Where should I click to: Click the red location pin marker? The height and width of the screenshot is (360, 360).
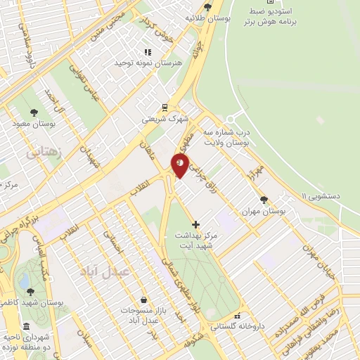pos(181,167)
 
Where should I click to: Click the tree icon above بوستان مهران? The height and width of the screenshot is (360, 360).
pos(264,200)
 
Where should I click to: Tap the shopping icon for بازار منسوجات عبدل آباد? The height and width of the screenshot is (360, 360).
pos(143,300)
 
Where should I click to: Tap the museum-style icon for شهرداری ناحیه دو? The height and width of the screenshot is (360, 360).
pos(26,327)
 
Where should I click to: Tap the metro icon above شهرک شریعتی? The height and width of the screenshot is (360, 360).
pos(164,107)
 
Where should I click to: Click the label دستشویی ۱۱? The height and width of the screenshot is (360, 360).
pos(330,195)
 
